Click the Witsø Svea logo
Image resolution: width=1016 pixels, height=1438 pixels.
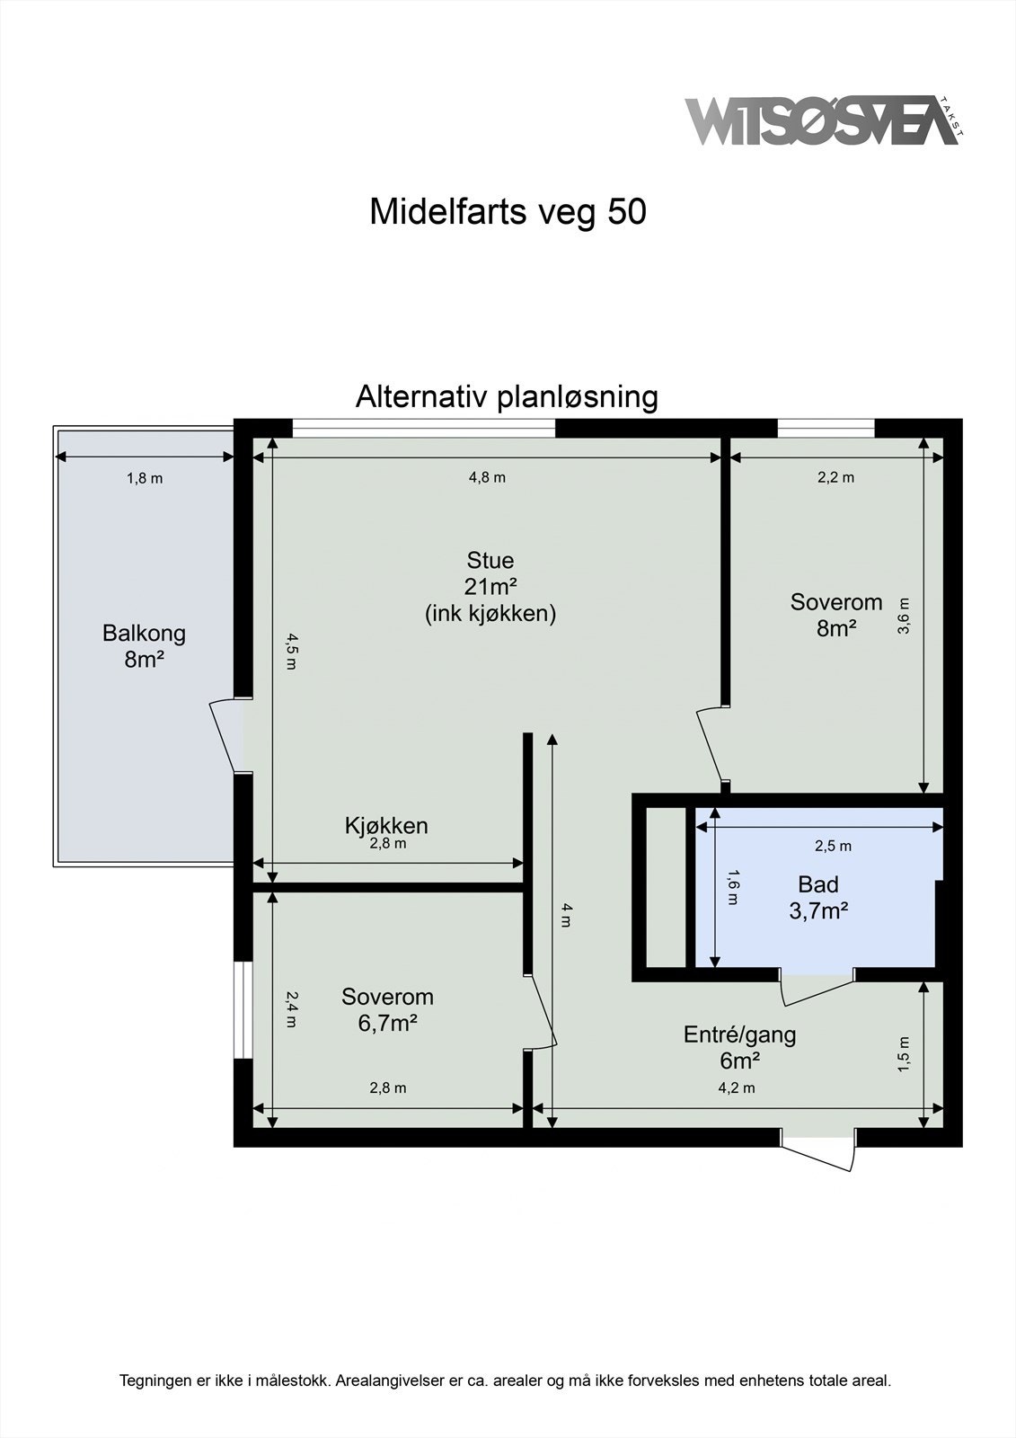click(x=822, y=120)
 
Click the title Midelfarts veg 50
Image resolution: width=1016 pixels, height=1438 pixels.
click(x=508, y=212)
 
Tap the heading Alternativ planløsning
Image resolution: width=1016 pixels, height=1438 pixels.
click(x=507, y=396)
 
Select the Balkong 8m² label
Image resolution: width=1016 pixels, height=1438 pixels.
click(x=144, y=645)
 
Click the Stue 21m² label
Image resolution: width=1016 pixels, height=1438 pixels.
click(x=490, y=586)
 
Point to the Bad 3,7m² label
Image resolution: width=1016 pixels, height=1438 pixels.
click(x=818, y=897)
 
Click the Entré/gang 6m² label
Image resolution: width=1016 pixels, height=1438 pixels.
click(x=739, y=1047)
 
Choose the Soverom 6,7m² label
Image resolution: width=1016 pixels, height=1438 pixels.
click(x=387, y=1009)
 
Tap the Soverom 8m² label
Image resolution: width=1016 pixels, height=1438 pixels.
click(x=835, y=615)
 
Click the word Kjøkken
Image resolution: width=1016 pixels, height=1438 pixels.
click(x=386, y=825)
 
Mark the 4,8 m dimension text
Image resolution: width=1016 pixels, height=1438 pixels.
click(x=487, y=477)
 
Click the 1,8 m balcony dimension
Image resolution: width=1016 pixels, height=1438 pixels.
click(x=145, y=478)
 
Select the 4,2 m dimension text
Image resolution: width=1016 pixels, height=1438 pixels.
click(x=736, y=1087)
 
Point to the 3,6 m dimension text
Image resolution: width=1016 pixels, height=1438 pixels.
click(x=904, y=617)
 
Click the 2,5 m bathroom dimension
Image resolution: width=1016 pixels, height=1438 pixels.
click(x=833, y=846)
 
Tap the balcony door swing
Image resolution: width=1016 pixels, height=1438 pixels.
click(x=225, y=735)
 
